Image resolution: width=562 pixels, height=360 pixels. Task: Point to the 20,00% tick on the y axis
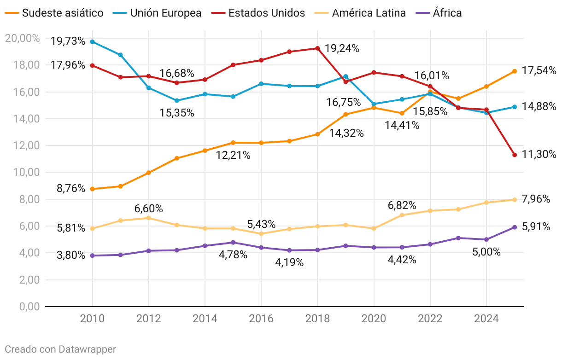click(22, 38)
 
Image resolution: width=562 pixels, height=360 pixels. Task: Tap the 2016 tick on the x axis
click(261, 319)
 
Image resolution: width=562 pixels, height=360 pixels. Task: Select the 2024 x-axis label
click(486, 319)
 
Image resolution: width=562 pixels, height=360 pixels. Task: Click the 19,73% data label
click(68, 41)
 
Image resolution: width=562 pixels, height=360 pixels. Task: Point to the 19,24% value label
click(342, 48)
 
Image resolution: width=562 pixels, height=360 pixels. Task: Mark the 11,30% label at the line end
click(539, 155)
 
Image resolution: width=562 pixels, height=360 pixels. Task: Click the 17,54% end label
click(539, 71)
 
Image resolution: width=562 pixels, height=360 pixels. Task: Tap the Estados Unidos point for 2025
click(515, 155)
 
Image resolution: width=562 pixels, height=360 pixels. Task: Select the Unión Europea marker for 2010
click(93, 42)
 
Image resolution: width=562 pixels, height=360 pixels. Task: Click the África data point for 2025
click(515, 227)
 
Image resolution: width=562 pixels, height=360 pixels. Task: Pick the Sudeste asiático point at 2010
click(93, 189)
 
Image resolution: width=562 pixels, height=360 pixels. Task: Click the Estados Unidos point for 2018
click(317, 48)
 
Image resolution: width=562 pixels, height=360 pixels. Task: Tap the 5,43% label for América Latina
click(261, 225)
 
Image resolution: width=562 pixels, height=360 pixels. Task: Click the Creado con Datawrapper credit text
click(60, 349)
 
